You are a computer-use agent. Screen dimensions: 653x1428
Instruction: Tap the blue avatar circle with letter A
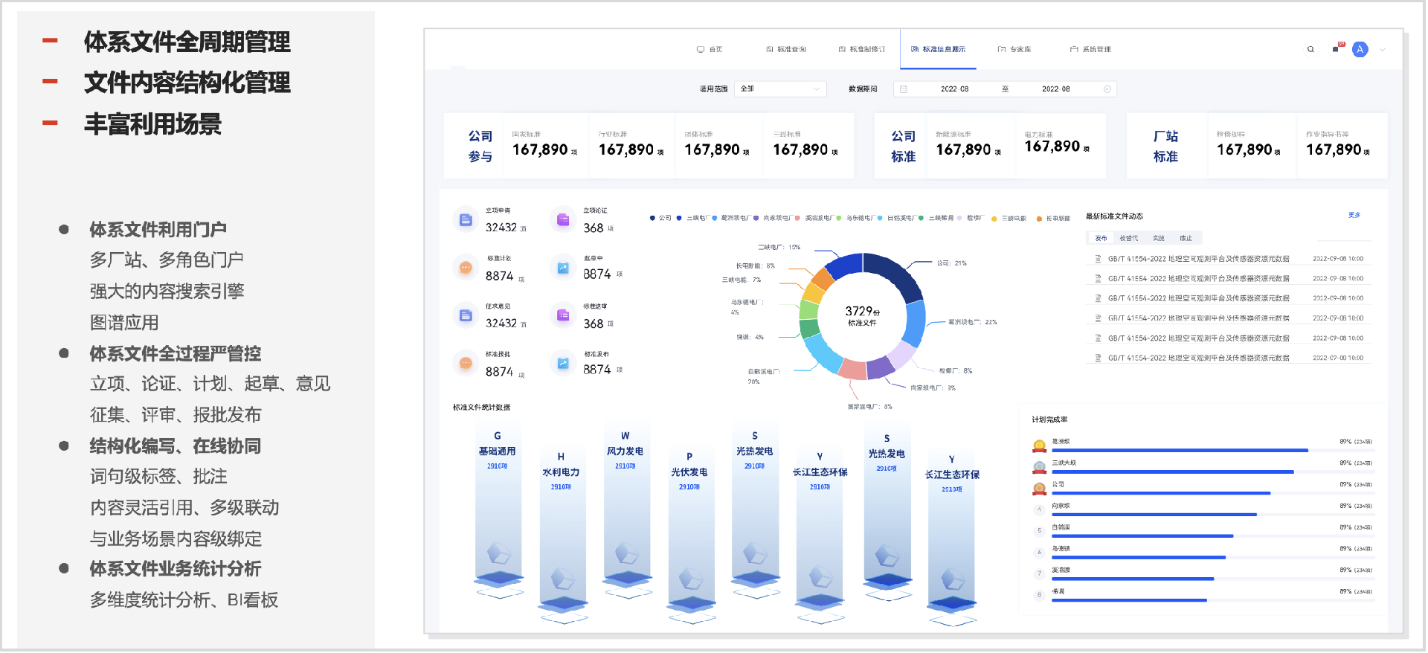tap(1360, 49)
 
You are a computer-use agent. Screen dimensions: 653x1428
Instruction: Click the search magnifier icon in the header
tap(1310, 49)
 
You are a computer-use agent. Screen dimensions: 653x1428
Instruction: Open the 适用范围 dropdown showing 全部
tap(780, 89)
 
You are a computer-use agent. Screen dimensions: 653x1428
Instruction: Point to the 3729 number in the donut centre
tap(859, 311)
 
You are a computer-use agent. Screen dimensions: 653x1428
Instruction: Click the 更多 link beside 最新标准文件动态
tap(1354, 215)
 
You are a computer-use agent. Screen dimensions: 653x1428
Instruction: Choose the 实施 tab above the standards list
tap(1158, 238)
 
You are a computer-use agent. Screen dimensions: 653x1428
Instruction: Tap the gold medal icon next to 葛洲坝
tap(1039, 445)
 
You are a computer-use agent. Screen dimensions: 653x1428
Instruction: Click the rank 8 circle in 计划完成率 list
tap(1039, 595)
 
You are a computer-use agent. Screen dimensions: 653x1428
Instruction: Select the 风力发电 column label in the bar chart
tap(625, 451)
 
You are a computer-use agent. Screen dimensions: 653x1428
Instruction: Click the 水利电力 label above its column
tap(561, 472)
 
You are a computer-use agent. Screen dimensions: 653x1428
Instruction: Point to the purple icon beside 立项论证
tap(563, 219)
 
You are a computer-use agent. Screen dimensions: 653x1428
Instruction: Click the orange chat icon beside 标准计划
tap(466, 268)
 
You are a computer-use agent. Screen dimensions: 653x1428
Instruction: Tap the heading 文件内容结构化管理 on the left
tap(187, 83)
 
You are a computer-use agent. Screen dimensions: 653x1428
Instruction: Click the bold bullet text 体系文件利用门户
tap(158, 230)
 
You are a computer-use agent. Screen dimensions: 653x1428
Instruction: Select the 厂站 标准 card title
tap(1165, 146)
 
